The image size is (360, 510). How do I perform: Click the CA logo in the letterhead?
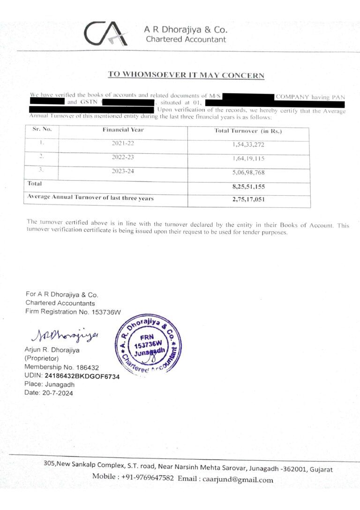[x=106, y=33]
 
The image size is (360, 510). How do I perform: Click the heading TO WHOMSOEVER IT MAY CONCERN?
[x=186, y=75]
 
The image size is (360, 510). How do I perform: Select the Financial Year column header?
[x=123, y=130]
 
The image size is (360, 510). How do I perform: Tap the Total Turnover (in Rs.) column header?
[x=248, y=131]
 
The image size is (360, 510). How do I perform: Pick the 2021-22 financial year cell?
[x=123, y=144]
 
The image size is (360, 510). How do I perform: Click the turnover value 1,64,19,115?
[x=248, y=159]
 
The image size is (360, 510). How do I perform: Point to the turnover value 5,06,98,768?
[x=248, y=173]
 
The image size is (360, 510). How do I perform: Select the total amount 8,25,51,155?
[x=248, y=187]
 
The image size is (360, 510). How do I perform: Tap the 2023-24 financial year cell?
[x=123, y=171]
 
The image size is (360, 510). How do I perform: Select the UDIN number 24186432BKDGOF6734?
[x=82, y=376]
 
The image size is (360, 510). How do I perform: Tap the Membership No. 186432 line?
[x=61, y=367]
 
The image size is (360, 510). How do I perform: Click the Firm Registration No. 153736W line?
[x=73, y=312]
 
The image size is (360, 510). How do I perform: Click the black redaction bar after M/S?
[x=248, y=97]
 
